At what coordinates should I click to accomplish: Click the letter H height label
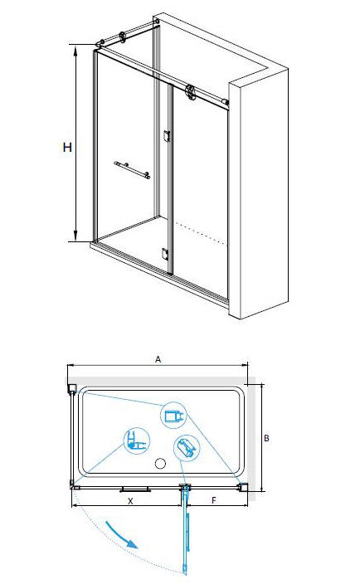coord(67,148)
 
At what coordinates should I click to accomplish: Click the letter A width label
coord(158,359)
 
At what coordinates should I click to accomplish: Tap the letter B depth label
coord(266,438)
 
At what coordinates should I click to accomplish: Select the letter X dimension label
coord(130,501)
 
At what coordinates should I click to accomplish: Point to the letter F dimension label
coord(214,500)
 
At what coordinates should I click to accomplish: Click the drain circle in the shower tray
coord(160,464)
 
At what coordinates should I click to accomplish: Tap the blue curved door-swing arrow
coord(121,536)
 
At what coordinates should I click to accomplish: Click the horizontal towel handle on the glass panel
coord(132,170)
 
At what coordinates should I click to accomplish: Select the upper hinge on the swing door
coord(167,136)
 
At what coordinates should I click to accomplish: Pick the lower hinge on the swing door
coord(165,254)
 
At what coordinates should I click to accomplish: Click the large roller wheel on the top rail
coord(190,92)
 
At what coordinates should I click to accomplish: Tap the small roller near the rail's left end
coord(122,36)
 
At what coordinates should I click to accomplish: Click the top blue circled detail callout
coord(173,416)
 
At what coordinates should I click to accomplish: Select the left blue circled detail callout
coord(137,440)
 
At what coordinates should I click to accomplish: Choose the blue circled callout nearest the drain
coord(187,449)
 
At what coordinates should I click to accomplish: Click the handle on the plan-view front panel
coord(135,489)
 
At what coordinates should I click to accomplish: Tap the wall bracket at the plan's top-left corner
coord(72,389)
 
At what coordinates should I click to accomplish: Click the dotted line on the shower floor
coord(202,234)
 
